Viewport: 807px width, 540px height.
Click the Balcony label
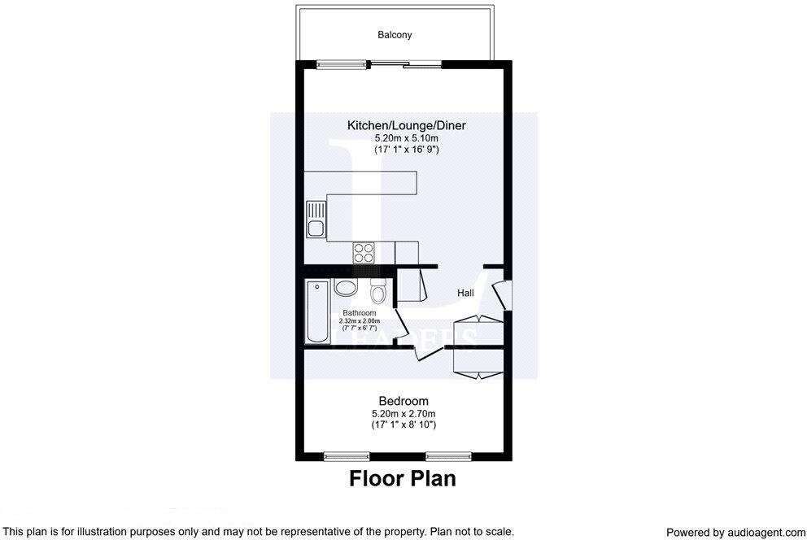click(x=395, y=35)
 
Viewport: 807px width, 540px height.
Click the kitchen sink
click(x=315, y=219)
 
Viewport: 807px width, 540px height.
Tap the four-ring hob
click(x=364, y=252)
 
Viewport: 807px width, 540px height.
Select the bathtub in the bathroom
click(x=317, y=311)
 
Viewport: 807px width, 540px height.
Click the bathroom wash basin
click(x=345, y=288)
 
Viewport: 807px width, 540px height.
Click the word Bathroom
click(x=359, y=313)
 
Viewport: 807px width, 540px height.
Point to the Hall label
click(x=465, y=293)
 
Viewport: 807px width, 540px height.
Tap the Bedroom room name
click(x=403, y=401)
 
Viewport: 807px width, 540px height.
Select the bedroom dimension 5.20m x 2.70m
click(x=403, y=414)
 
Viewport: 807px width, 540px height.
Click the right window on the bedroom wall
click(x=448, y=455)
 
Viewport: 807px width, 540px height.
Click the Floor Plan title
click(x=403, y=479)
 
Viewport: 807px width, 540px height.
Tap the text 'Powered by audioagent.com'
click(x=735, y=532)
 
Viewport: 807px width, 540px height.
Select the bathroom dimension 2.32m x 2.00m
click(x=360, y=321)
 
